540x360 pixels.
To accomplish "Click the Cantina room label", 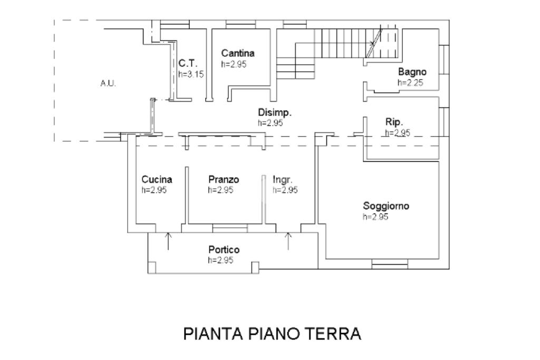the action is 238,53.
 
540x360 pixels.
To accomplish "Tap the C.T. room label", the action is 188,63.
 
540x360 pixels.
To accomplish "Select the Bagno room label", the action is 412,72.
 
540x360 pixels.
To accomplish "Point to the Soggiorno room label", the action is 386,206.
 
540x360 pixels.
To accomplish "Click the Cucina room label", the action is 157,179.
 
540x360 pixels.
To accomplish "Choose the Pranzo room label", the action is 224,179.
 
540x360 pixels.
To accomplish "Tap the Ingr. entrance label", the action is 283,180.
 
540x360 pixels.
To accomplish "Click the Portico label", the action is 224,249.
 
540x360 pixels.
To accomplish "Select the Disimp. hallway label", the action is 275,113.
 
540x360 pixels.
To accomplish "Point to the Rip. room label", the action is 394,122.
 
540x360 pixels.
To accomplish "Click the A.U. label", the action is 108,83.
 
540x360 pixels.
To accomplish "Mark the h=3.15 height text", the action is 191,74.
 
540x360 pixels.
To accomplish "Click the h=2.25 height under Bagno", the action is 410,83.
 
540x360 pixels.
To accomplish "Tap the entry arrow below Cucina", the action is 168,241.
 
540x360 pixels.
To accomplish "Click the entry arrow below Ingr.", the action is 288,241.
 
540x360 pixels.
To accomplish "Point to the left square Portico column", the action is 151,267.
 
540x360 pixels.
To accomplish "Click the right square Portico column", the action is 255,267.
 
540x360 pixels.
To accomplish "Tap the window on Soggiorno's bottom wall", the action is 390,264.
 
